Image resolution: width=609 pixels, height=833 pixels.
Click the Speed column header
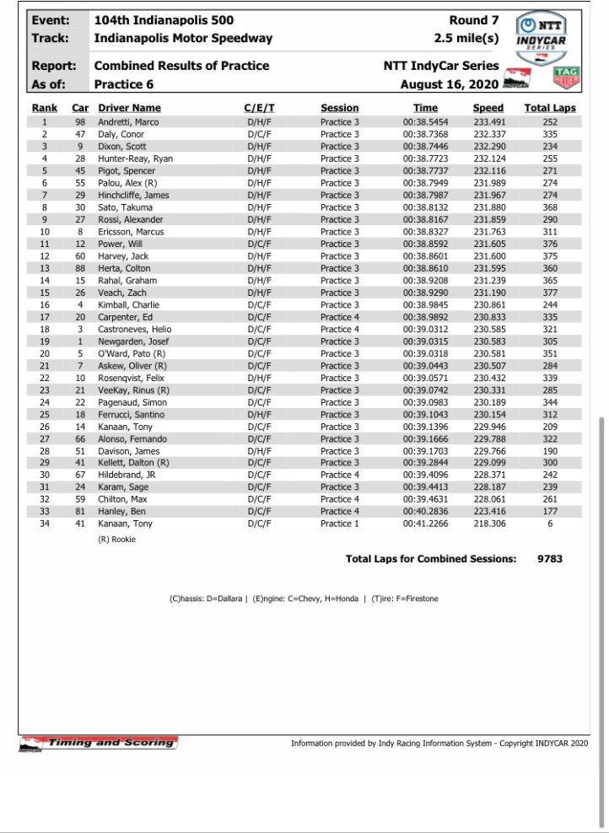pyautogui.click(x=488, y=108)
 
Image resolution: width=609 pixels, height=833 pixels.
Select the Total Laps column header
pyautogui.click(x=550, y=108)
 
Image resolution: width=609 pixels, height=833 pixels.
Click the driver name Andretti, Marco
pyautogui.click(x=128, y=122)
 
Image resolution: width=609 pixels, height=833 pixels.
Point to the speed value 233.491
pyautogui.click(x=488, y=122)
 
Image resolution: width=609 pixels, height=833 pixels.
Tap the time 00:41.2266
pyautogui.click(x=426, y=524)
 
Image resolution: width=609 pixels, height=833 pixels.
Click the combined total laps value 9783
pyautogui.click(x=550, y=558)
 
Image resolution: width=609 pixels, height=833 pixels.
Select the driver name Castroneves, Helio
pyautogui.click(x=135, y=329)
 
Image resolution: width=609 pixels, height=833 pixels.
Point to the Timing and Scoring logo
pyautogui.click(x=100, y=743)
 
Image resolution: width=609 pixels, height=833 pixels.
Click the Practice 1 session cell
pyautogui.click(x=340, y=524)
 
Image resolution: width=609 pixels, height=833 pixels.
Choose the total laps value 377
pyautogui.click(x=550, y=293)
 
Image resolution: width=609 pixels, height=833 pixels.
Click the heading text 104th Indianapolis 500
pyautogui.click(x=164, y=20)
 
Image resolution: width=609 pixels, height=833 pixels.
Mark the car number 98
pyautogui.click(x=81, y=122)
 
